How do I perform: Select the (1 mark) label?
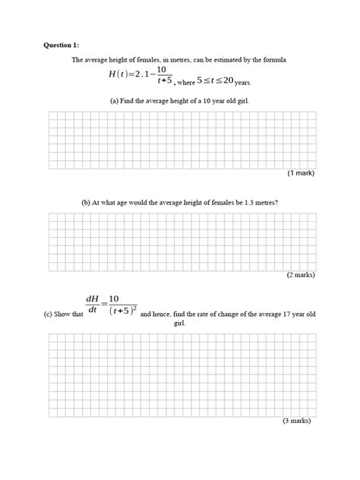pyautogui.click(x=300, y=173)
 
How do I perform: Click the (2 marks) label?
pyautogui.click(x=299, y=274)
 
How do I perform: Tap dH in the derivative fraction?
pyautogui.click(x=95, y=298)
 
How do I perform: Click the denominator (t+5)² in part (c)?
pyautogui.click(x=121, y=312)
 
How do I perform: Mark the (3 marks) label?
pyautogui.click(x=298, y=420)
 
